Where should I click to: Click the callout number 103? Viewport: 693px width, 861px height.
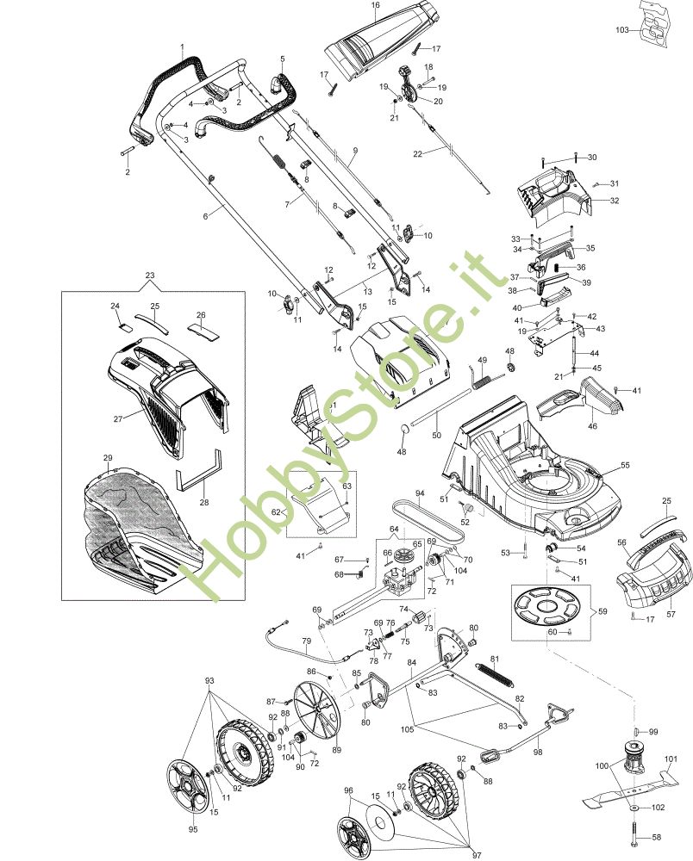point(621,29)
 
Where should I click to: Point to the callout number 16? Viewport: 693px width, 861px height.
point(375,5)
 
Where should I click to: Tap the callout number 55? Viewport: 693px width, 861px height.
point(625,465)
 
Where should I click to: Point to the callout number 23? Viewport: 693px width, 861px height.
point(150,276)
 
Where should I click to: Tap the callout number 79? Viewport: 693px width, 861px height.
point(306,641)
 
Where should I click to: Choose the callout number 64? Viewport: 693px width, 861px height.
point(394,530)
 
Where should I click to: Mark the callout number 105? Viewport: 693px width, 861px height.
point(407,729)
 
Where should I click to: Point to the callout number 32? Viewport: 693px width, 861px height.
point(615,201)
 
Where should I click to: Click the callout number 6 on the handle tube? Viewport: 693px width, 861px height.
point(205,216)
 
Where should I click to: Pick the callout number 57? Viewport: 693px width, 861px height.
point(671,614)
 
